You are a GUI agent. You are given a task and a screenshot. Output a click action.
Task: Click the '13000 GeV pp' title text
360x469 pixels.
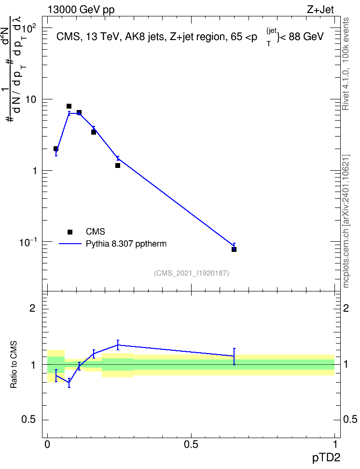(81, 10)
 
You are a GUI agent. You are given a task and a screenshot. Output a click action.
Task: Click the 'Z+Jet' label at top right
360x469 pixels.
(320, 10)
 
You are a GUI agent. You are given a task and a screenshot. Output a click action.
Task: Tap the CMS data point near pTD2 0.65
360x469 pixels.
(234, 249)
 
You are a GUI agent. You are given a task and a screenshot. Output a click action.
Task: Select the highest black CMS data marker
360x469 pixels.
(69, 106)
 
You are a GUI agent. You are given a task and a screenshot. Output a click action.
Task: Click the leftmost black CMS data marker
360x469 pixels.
(55, 149)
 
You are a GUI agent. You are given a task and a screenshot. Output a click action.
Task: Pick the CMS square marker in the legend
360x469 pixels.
(70, 232)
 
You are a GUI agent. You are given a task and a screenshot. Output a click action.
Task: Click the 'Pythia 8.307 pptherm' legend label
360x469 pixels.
(126, 244)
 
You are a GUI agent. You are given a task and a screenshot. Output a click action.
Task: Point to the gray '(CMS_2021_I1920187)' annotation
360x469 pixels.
(192, 273)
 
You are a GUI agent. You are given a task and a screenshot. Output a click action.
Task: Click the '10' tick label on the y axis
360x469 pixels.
(30, 99)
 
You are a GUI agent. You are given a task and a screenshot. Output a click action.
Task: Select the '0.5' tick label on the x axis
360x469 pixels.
(191, 444)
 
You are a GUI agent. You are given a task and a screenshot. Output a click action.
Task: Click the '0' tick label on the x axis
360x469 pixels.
(47, 444)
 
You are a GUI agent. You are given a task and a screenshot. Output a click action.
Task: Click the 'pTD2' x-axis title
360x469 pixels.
(326, 457)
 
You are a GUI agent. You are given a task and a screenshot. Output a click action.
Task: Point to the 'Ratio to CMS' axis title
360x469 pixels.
(14, 365)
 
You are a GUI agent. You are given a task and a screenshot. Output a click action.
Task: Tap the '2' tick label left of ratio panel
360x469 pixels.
(32, 308)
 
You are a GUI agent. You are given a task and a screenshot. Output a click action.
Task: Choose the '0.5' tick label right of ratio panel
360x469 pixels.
(350, 419)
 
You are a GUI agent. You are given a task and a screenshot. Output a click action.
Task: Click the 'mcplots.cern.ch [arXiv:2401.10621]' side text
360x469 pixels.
(346, 221)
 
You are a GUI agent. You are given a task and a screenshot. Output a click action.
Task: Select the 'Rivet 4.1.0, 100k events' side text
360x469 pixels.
(346, 64)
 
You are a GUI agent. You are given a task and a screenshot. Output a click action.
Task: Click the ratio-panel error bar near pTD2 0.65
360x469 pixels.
(234, 357)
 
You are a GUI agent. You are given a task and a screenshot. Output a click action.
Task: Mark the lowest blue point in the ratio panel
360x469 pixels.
(69, 383)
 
